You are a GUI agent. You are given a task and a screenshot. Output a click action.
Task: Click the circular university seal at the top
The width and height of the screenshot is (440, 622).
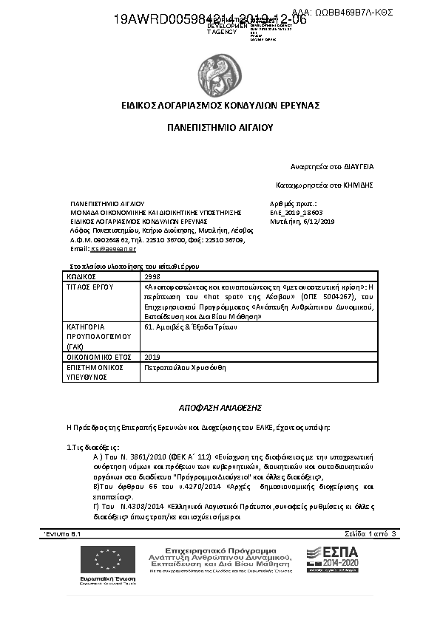point(220,72)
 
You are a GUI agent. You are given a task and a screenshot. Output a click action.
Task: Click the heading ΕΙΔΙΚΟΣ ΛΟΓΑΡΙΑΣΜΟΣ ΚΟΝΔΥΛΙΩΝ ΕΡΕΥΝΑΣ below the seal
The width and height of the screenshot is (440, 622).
point(220,106)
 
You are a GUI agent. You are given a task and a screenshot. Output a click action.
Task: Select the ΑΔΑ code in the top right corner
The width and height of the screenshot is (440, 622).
point(342,13)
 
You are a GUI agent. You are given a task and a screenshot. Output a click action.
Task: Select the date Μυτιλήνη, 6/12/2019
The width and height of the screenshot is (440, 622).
point(302,221)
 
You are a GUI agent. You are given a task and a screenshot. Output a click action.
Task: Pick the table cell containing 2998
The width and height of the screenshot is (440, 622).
point(152,276)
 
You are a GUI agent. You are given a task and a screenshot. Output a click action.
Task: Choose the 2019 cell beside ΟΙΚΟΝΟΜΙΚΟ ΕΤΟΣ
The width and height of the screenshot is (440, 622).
point(153,356)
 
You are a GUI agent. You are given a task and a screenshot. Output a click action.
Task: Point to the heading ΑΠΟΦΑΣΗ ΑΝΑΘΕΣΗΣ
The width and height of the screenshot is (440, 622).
point(220,407)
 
